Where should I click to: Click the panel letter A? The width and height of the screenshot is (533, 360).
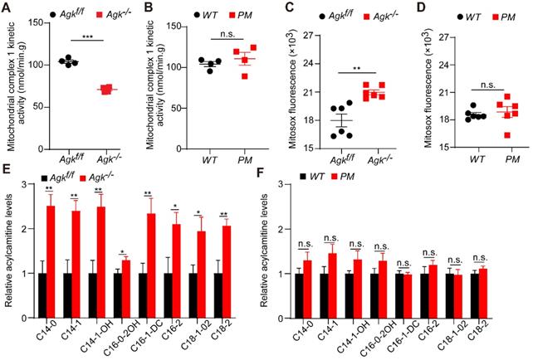point(7,10)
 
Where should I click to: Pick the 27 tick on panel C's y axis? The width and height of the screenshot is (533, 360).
point(315,36)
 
